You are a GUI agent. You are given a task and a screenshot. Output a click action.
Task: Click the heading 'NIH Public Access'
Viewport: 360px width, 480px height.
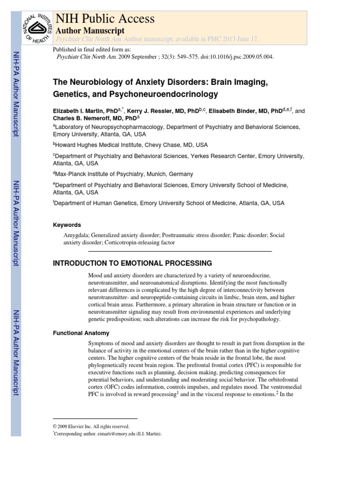coord(105,19)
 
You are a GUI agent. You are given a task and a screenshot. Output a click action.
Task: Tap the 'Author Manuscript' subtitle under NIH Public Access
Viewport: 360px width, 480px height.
coord(90,30)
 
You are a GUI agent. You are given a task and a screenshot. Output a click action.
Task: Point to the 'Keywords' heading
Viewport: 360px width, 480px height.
coord(67,225)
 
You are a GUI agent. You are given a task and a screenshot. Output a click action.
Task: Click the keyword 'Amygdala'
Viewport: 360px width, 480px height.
coord(75,235)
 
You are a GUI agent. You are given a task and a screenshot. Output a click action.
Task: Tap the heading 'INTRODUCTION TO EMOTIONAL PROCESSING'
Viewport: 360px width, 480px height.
coord(133,263)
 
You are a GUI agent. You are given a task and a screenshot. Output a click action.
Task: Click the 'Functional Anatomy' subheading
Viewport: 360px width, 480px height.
coord(82,333)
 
